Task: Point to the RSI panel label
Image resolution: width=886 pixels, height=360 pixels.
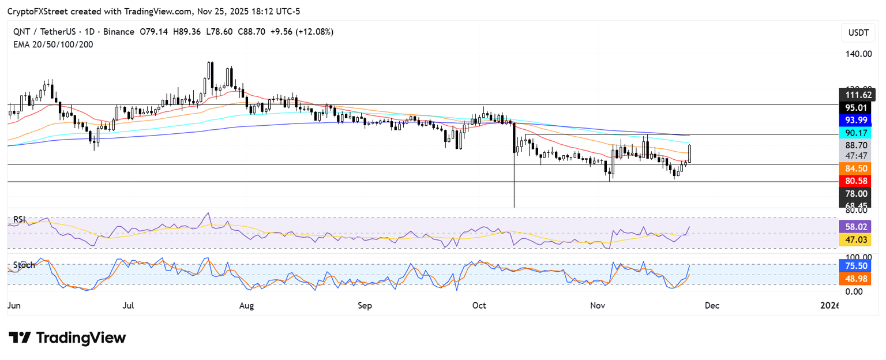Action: click(x=20, y=220)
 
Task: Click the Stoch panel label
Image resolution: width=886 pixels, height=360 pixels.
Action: click(x=24, y=265)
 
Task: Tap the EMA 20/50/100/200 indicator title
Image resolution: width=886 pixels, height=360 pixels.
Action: click(x=53, y=44)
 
